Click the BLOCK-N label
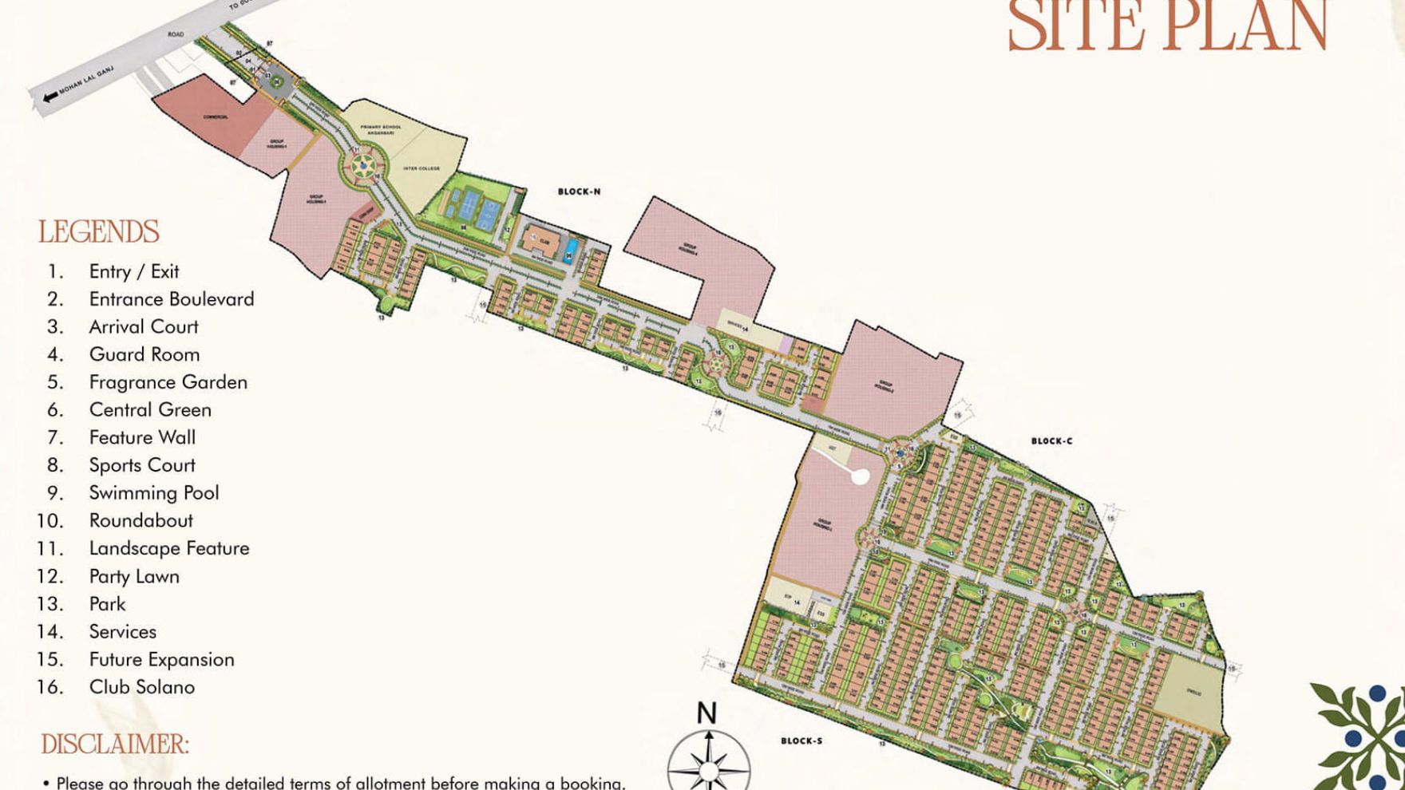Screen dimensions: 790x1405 coord(579,192)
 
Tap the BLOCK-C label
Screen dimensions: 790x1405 coord(1051,440)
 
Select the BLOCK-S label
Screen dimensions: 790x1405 coord(801,741)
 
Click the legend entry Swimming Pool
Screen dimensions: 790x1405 coord(153,492)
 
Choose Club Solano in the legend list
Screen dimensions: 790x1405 coord(141,686)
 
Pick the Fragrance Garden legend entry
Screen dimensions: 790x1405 coord(168,381)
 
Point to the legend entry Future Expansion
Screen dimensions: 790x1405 coord(161,659)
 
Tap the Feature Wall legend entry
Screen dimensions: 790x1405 coord(142,437)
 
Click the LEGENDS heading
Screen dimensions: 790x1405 coord(99,232)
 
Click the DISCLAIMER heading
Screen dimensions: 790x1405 coord(115,745)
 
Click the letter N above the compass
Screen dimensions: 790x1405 coord(706,713)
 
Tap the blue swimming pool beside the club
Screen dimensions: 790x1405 coord(570,249)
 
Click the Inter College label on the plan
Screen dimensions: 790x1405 coord(421,168)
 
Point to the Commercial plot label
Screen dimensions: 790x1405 coord(215,117)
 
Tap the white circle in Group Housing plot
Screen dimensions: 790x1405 coord(860,477)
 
